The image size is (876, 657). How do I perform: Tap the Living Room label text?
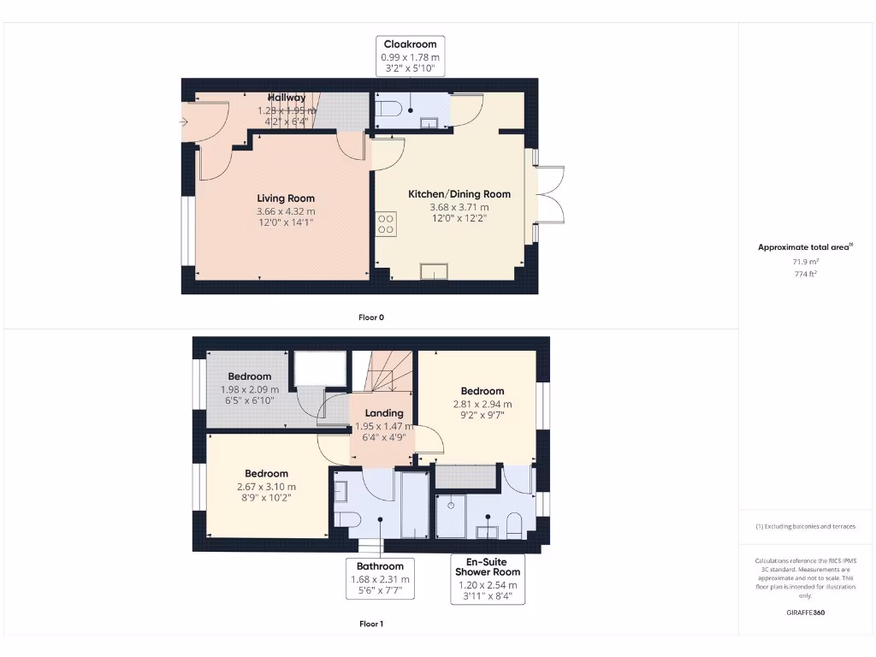[286, 198]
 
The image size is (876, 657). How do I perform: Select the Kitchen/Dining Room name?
[459, 194]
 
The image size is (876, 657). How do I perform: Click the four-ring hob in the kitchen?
[386, 223]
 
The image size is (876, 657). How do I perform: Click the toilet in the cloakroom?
[388, 109]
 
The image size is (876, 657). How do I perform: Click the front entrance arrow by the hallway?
[183, 122]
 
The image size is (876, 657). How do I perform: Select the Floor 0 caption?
[371, 317]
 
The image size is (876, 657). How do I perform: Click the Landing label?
[384, 413]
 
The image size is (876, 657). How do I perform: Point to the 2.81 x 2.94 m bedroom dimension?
[482, 405]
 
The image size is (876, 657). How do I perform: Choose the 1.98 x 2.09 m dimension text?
[250, 389]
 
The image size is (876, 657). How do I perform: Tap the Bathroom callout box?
[380, 578]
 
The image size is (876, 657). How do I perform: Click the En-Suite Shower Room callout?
[487, 579]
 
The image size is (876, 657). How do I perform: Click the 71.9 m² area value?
[803, 261]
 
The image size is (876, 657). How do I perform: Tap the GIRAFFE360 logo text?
[805, 613]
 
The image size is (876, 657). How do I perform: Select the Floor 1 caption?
[371, 624]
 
